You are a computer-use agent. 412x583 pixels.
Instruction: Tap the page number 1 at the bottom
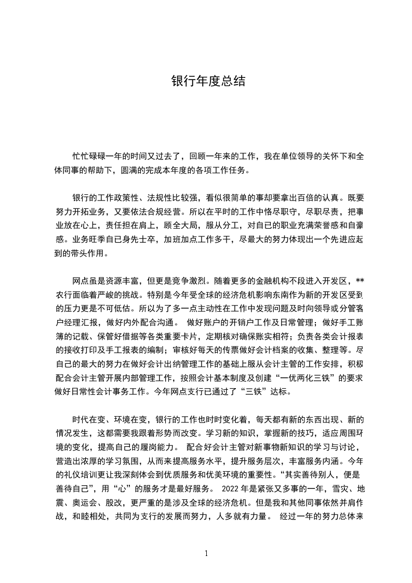tap(206, 553)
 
